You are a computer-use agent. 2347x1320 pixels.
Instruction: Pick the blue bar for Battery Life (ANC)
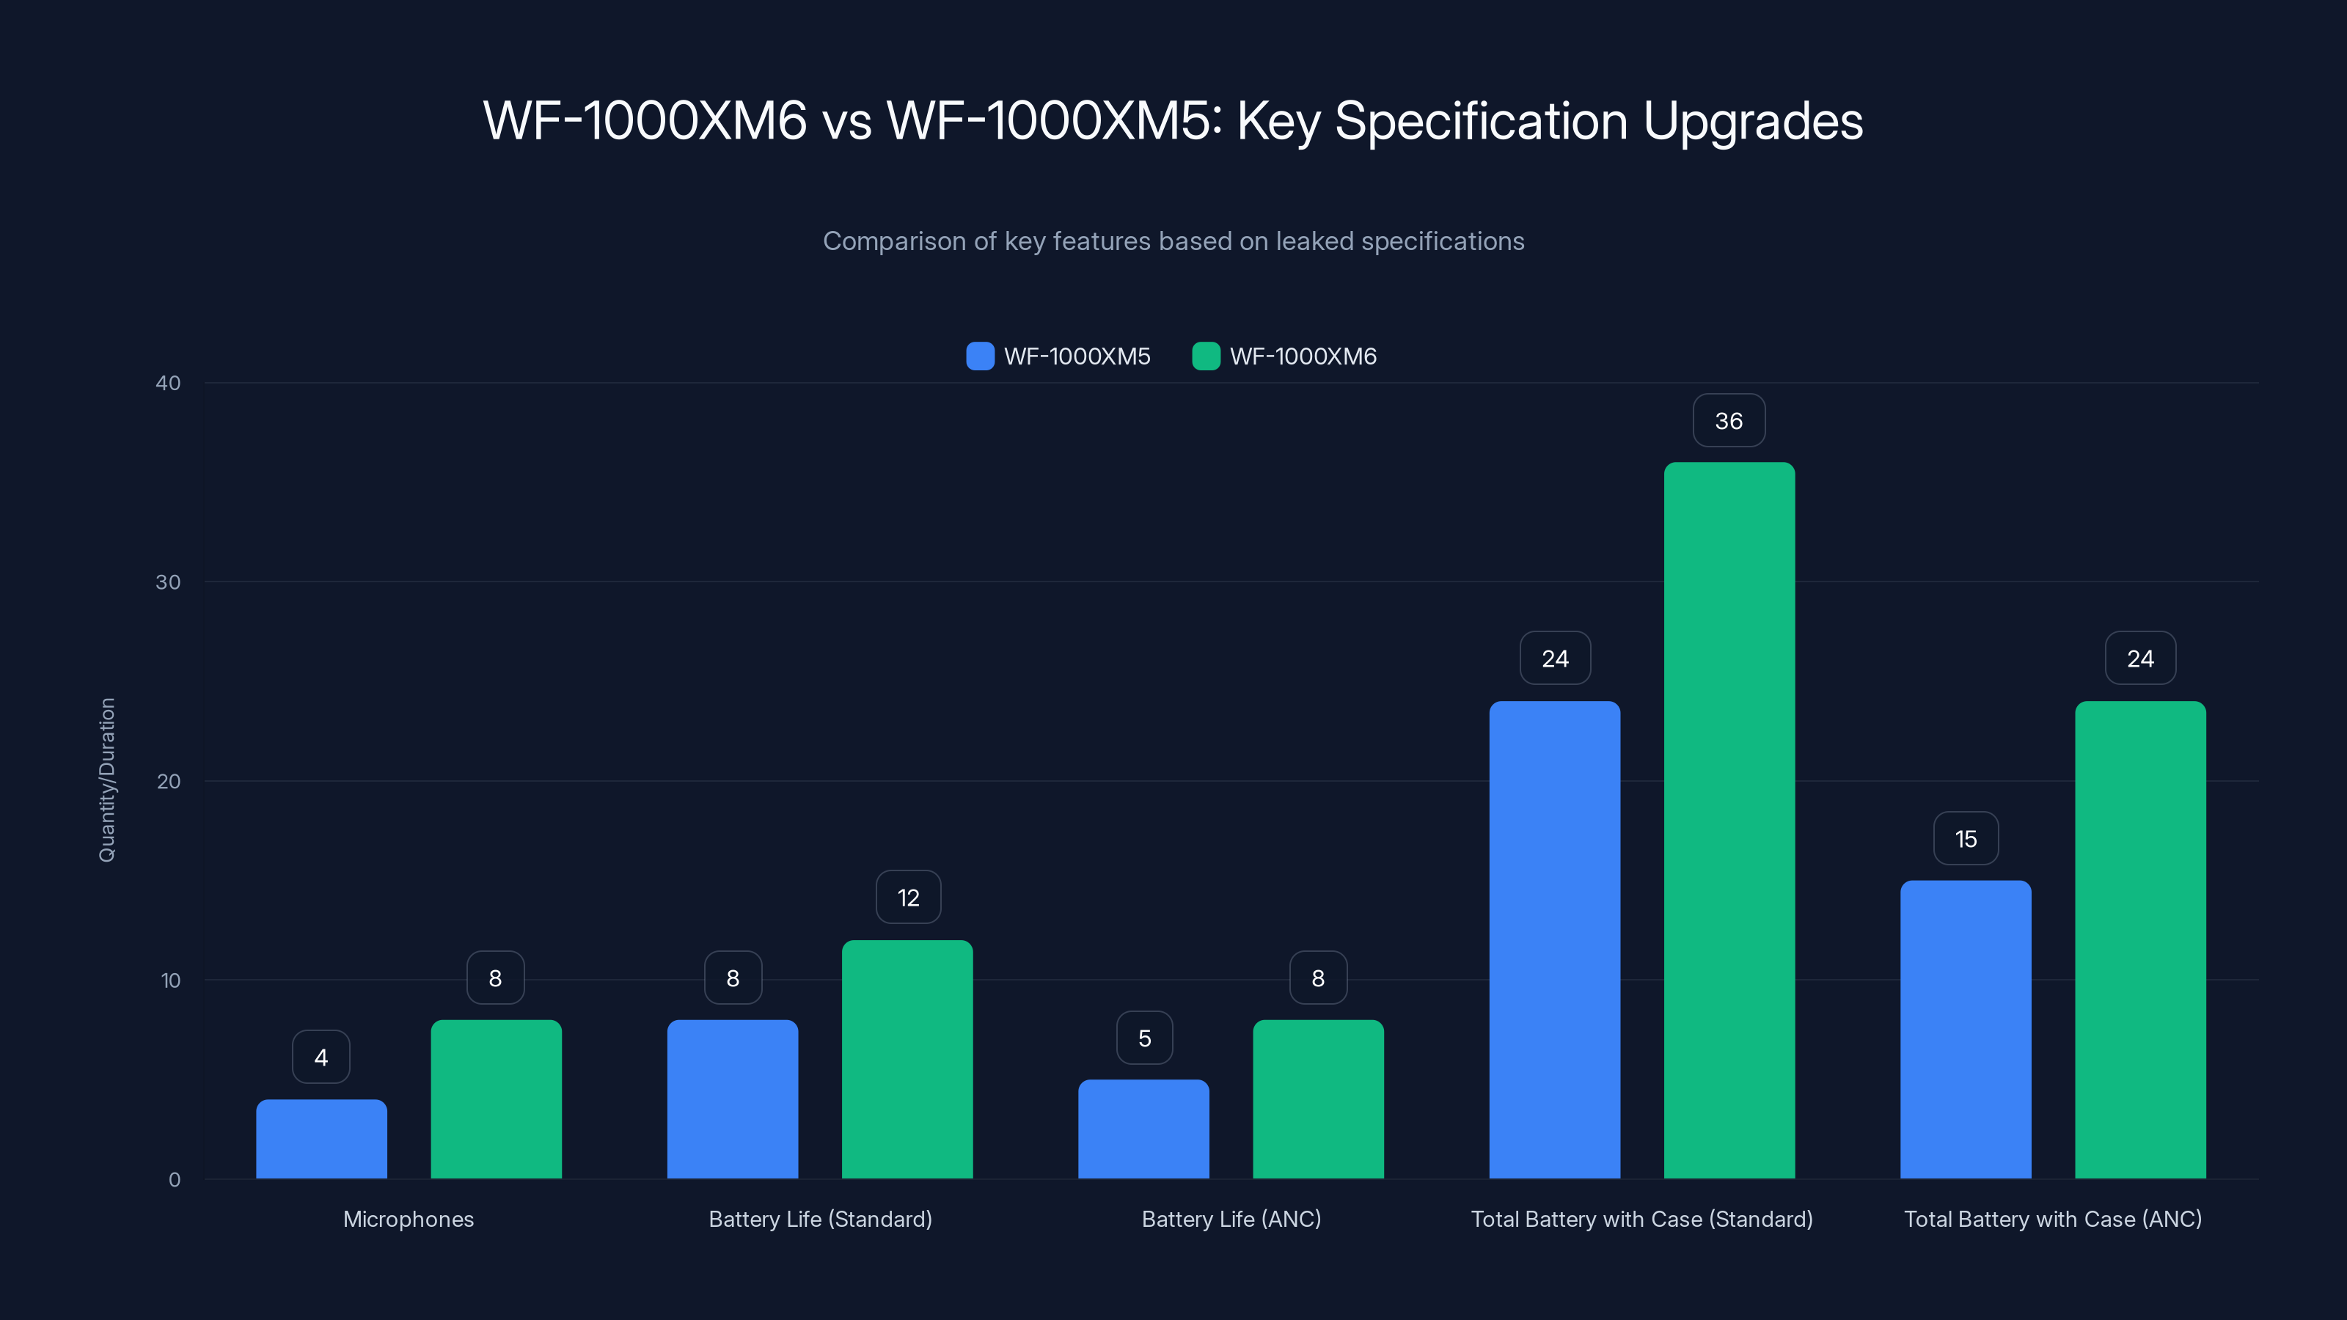pyautogui.click(x=1143, y=1129)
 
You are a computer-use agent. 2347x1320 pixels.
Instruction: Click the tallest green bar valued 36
pyautogui.click(x=1729, y=820)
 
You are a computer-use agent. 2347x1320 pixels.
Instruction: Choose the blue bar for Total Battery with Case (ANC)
pyautogui.click(x=1966, y=1030)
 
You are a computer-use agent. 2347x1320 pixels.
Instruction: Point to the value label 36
pyautogui.click(x=1729, y=421)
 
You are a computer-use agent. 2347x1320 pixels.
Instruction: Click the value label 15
pyautogui.click(x=1966, y=839)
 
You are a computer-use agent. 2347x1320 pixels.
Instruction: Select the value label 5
pyautogui.click(x=1144, y=1038)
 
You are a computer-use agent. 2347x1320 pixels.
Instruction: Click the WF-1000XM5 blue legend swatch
pyautogui.click(x=979, y=356)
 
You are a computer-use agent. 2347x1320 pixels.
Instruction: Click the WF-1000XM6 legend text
pyautogui.click(x=1303, y=356)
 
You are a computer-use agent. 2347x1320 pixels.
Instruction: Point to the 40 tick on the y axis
pyautogui.click(x=168, y=383)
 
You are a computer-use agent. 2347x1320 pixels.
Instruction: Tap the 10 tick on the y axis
pyautogui.click(x=170, y=980)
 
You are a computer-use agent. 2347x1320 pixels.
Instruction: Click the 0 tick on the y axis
pyautogui.click(x=174, y=1180)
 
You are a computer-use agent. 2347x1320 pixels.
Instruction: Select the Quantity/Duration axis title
pyautogui.click(x=106, y=780)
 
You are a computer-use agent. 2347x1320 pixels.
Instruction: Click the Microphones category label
pyautogui.click(x=409, y=1219)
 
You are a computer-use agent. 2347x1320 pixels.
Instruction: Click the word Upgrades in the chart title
pyautogui.click(x=1753, y=121)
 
